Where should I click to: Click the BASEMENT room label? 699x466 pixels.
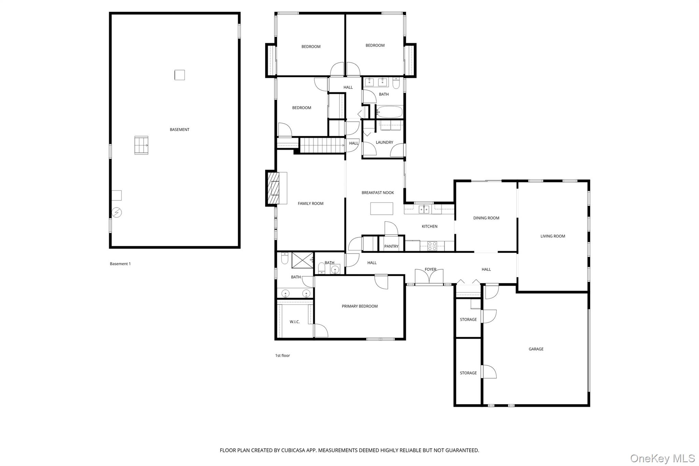[180, 130]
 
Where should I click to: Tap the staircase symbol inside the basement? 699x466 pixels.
[141, 145]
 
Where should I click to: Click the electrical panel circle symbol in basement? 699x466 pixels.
[117, 212]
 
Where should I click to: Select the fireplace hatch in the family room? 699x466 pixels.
[273, 188]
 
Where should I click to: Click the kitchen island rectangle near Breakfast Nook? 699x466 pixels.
[382, 209]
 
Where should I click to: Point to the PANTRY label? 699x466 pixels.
[391, 246]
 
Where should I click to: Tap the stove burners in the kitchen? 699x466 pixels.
[432, 246]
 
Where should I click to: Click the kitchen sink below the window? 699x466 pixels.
[424, 209]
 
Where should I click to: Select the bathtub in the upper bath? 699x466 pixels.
[389, 112]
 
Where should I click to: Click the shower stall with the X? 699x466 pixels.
[302, 260]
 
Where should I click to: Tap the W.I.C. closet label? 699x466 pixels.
[295, 322]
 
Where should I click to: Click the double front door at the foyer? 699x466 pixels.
[429, 277]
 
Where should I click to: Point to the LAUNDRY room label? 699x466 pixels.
[384, 142]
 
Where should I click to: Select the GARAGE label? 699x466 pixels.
[536, 349]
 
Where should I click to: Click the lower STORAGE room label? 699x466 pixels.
[468, 373]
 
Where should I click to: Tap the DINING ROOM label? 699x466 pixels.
[486, 218]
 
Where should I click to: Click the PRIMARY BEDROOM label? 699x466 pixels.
[360, 306]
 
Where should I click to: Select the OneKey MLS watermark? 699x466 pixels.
[662, 458]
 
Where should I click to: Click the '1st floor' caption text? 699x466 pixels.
[283, 356]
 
